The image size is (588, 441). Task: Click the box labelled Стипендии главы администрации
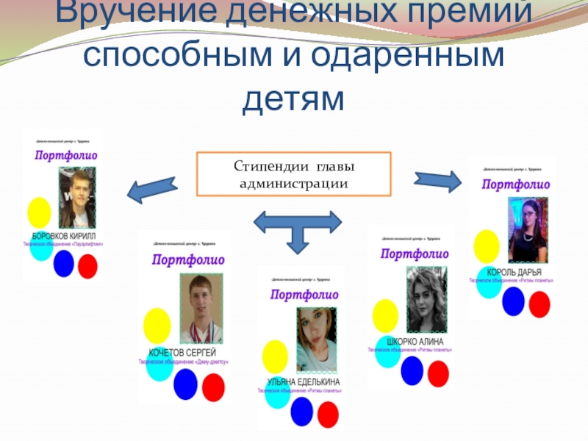click(x=293, y=173)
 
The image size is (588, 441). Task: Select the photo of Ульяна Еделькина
click(x=315, y=340)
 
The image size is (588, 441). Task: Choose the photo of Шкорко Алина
click(x=425, y=300)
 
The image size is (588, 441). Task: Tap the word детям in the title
click(x=293, y=98)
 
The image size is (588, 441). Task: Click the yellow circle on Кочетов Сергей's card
click(x=157, y=326)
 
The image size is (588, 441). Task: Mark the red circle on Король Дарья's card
click(x=539, y=304)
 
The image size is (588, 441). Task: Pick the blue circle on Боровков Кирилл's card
click(x=64, y=263)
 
